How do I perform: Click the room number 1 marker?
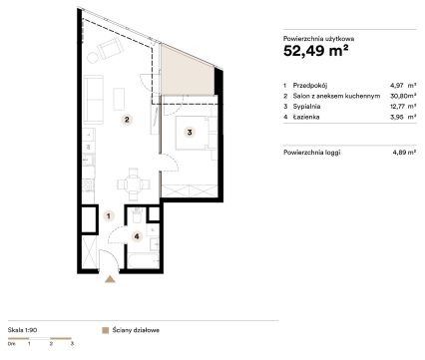[x=109, y=216]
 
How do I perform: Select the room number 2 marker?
[x=127, y=120]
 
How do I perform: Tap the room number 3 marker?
[x=190, y=133]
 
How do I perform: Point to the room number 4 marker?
[x=137, y=236]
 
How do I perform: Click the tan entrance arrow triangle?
[x=110, y=279]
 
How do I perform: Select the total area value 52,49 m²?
[x=316, y=51]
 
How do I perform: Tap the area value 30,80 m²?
[x=403, y=96]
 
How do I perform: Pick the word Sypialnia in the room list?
[x=306, y=107]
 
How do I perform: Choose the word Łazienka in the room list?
[x=306, y=117]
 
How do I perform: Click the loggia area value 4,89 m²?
[x=404, y=153]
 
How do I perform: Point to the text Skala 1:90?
[x=22, y=330]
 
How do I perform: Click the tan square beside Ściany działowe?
[x=106, y=330]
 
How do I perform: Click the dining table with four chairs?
[x=134, y=184]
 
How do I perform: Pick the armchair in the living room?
[x=110, y=49]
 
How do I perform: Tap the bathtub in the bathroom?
[x=143, y=261]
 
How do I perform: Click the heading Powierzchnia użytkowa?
[x=318, y=39]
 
